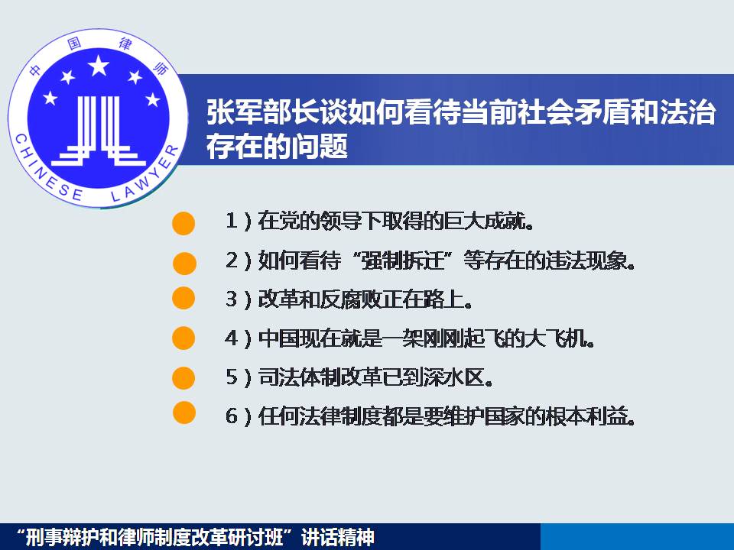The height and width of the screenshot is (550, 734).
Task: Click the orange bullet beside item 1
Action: point(183,223)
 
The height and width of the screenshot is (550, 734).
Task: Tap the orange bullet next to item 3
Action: point(183,298)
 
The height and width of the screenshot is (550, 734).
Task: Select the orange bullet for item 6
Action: point(183,412)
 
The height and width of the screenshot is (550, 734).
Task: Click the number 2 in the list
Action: point(232,260)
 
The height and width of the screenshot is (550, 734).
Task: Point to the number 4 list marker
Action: point(232,338)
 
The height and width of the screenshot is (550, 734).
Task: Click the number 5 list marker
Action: point(232,377)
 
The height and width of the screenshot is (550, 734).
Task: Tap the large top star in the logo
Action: point(99,66)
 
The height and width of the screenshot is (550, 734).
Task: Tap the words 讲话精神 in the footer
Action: point(338,537)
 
